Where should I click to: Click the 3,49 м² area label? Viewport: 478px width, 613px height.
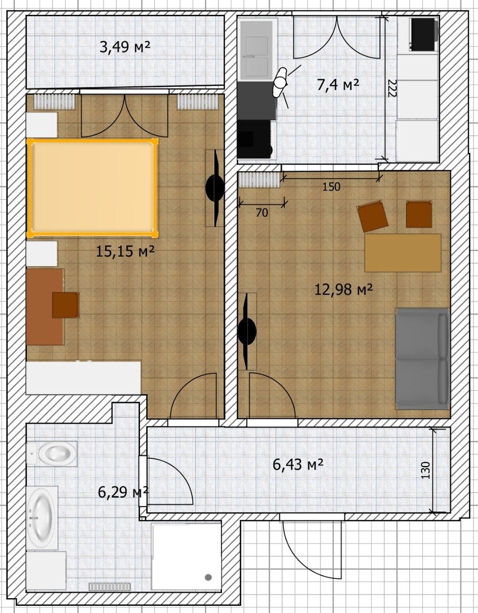(x=125, y=48)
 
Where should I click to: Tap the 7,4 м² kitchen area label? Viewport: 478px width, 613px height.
(x=338, y=85)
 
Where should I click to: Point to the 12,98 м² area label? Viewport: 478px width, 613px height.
(x=344, y=290)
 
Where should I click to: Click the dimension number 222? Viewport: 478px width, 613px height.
(x=391, y=88)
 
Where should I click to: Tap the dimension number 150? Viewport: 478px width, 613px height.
(x=331, y=187)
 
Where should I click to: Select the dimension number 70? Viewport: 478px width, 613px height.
(x=262, y=213)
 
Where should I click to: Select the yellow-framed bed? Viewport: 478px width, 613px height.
(x=93, y=187)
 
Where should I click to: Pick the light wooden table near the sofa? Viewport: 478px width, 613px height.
(x=403, y=253)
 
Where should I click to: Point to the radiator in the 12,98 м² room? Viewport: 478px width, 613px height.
(x=259, y=180)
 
